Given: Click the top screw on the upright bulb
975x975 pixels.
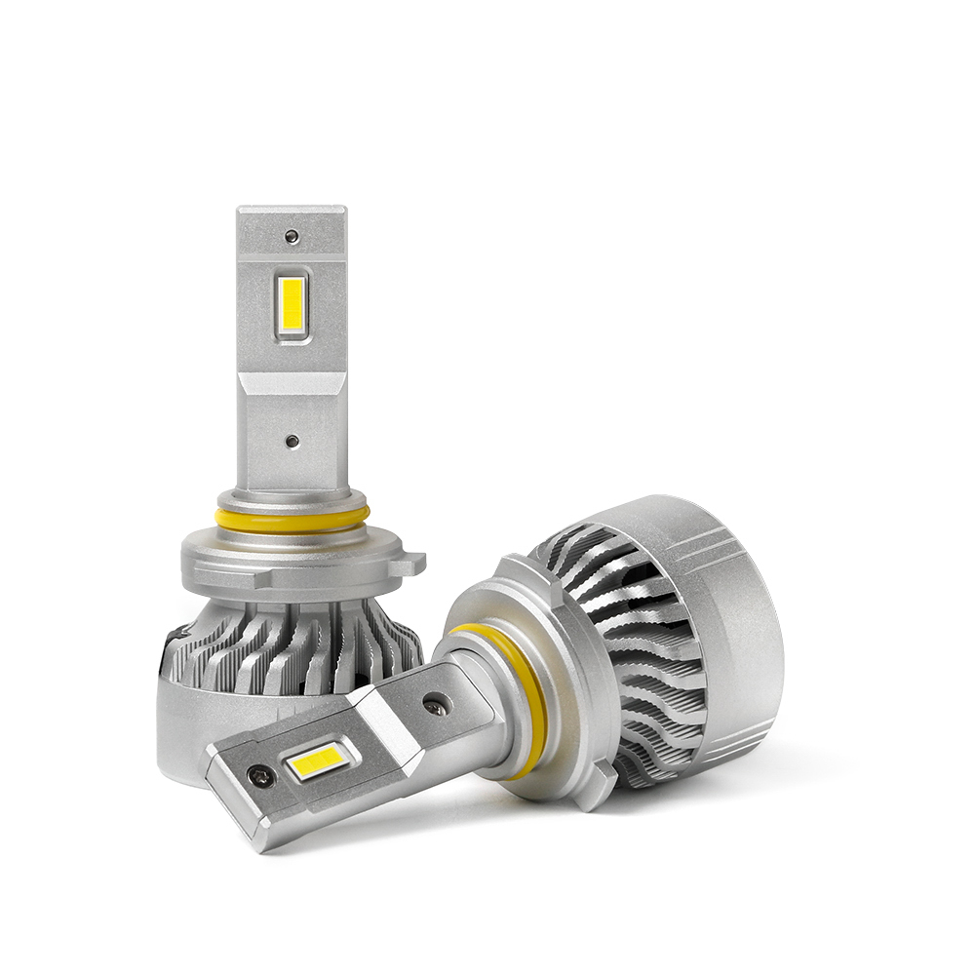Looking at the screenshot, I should coord(291,236).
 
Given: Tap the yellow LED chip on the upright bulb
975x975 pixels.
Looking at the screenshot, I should coord(292,304).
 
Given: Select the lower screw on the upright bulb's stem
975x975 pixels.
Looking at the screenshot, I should coord(292,441).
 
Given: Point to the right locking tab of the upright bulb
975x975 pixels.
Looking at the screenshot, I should coord(414,564).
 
